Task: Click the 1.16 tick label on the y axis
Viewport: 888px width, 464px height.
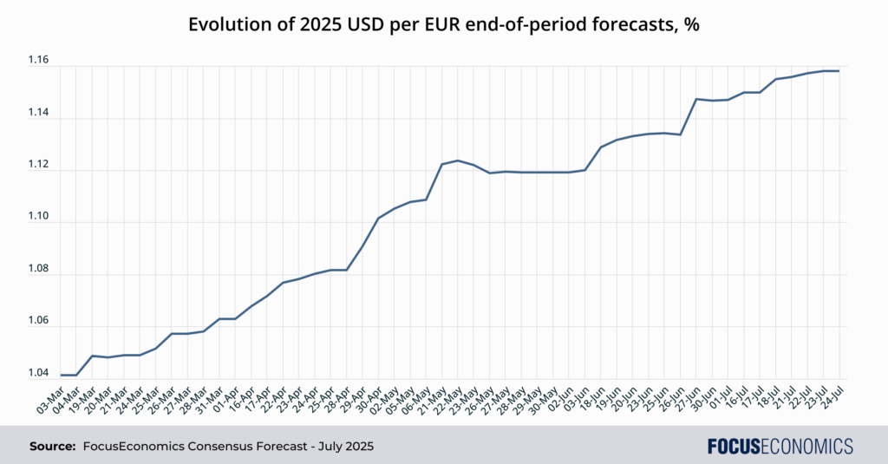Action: click(x=38, y=60)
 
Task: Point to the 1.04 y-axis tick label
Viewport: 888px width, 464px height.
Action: click(x=38, y=373)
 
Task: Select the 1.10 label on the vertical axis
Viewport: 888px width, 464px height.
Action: click(x=38, y=217)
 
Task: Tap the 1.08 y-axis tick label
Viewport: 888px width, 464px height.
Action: click(x=38, y=269)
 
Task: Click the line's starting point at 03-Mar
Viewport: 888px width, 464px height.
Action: click(x=61, y=375)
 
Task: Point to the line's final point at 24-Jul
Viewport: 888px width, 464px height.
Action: click(x=839, y=71)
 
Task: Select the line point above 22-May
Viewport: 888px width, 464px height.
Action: click(x=458, y=160)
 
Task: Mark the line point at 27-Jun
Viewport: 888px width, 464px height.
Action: click(x=696, y=99)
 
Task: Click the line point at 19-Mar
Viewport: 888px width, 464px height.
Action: click(x=92, y=356)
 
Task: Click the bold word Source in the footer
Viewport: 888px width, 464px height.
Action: click(x=52, y=447)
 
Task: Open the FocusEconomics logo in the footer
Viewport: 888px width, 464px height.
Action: click(x=780, y=447)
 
